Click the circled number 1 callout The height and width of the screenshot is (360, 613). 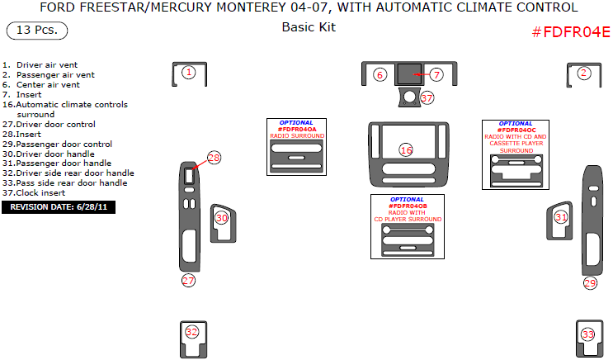tap(189, 73)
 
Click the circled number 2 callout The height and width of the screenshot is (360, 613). tap(583, 73)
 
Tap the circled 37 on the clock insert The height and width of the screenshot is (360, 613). tap(427, 97)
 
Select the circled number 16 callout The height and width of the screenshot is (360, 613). tap(406, 149)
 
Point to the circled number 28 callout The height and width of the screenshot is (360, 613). tap(215, 158)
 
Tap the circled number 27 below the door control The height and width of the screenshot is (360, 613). tap(189, 281)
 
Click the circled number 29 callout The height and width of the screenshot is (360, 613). tap(590, 283)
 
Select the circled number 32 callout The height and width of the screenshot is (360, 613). tap(191, 332)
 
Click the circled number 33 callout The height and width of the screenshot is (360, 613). tap(587, 334)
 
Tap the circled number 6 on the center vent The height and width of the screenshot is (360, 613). tap(380, 74)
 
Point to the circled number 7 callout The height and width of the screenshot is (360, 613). tap(436, 74)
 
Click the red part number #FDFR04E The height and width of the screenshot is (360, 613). tap(570, 32)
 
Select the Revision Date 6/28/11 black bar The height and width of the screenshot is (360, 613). tap(59, 207)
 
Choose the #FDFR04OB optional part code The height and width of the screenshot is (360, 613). tap(407, 206)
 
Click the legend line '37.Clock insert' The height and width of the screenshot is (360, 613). tap(42, 193)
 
